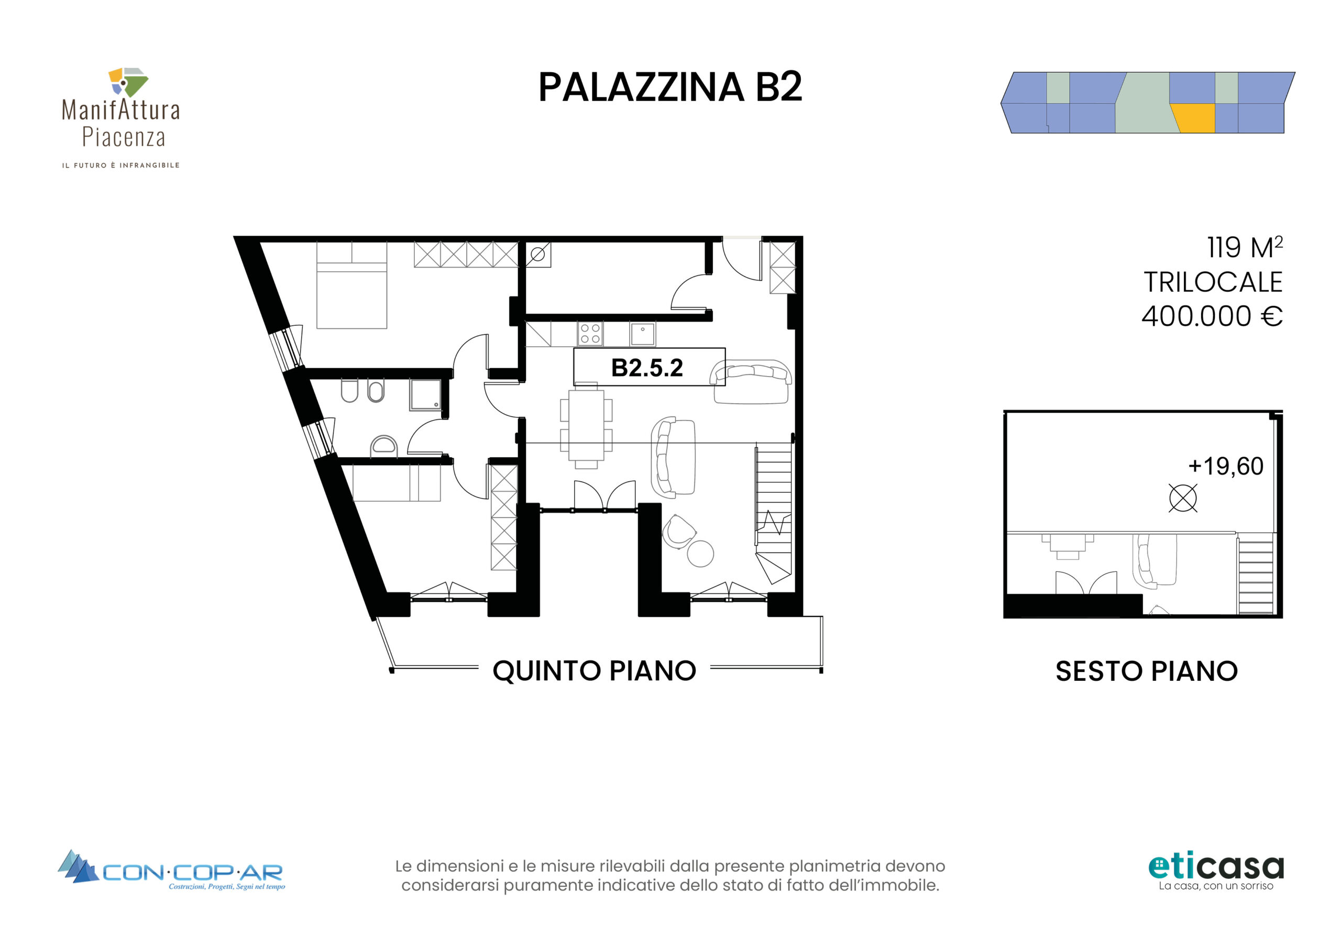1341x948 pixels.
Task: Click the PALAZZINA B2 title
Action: click(670, 87)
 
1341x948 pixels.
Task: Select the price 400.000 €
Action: click(1213, 316)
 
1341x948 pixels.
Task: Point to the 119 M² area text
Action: click(1245, 247)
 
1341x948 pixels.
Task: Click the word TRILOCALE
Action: click(1213, 282)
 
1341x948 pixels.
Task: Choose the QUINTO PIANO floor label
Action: click(595, 670)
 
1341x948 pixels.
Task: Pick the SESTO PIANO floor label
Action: click(1147, 671)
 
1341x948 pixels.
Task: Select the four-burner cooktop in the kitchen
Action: click(590, 334)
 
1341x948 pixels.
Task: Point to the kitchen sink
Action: click(642, 334)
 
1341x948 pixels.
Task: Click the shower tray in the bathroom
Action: click(426, 394)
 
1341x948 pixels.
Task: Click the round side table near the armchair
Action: click(700, 554)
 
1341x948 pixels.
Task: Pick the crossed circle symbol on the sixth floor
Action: click(1183, 498)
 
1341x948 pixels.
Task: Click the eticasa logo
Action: click(1216, 872)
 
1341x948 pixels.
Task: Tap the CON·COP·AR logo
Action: click(171, 870)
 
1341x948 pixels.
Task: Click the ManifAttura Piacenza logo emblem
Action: click(128, 82)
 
